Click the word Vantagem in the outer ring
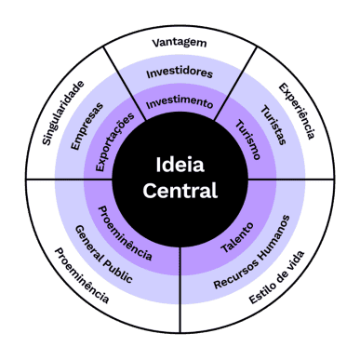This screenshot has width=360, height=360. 180,43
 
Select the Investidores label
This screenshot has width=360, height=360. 180,73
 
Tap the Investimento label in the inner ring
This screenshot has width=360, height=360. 180,103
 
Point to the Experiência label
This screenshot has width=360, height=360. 297,111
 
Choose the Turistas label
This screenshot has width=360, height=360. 273,126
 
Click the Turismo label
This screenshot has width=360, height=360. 247,140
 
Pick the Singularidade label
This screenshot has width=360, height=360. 63,113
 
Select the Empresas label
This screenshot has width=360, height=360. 87,127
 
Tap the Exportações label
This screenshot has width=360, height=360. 114,141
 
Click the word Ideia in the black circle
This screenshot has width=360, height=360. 180,165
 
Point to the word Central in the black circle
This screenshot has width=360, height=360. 180,191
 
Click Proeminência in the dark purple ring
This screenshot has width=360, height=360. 125,233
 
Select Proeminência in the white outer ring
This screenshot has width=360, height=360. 82,275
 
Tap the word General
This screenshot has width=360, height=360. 89,244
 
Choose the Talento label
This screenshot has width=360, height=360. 237,237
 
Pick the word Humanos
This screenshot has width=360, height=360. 274,237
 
